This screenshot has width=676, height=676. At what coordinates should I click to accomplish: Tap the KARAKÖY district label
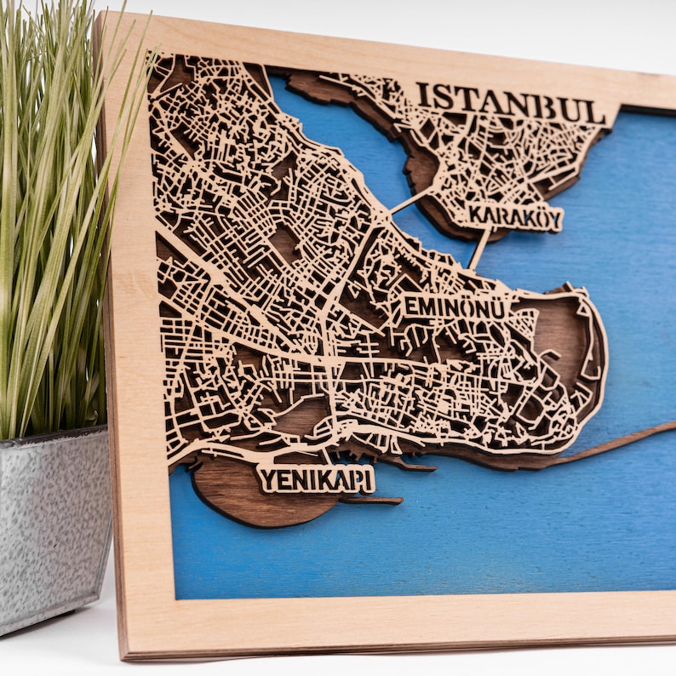coord(514,218)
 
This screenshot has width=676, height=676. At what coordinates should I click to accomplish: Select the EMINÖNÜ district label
coord(454,307)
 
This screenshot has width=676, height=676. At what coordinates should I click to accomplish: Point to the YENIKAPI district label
coord(316,479)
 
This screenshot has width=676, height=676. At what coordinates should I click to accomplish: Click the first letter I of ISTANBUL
coord(421,95)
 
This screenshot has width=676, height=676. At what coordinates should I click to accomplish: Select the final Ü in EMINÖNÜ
coord(496,308)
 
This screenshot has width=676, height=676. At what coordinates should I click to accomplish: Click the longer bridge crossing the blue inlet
coord(414,200)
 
